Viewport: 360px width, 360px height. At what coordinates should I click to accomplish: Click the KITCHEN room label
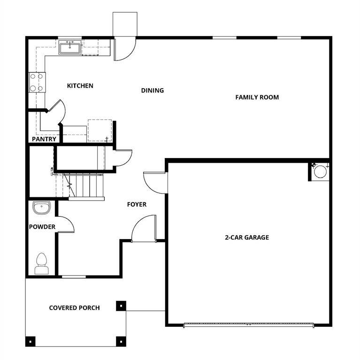(80, 86)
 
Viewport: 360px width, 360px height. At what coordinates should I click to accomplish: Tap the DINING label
(153, 90)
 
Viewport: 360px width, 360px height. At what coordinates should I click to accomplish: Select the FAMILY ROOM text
(257, 97)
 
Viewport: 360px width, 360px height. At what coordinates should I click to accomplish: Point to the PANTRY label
(44, 139)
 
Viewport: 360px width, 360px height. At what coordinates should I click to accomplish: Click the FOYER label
(137, 204)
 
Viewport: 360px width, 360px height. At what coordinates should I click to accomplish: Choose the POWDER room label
(42, 227)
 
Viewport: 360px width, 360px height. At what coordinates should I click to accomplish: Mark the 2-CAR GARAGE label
(246, 238)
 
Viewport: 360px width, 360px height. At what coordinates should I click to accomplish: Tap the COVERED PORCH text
(74, 308)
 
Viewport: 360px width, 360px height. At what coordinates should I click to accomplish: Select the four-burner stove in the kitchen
(37, 82)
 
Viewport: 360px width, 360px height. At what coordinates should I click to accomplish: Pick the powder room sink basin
(42, 207)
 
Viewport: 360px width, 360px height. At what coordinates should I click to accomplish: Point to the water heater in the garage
(320, 171)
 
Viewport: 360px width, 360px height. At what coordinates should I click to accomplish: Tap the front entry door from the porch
(144, 230)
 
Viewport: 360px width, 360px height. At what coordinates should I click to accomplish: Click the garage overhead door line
(249, 323)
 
